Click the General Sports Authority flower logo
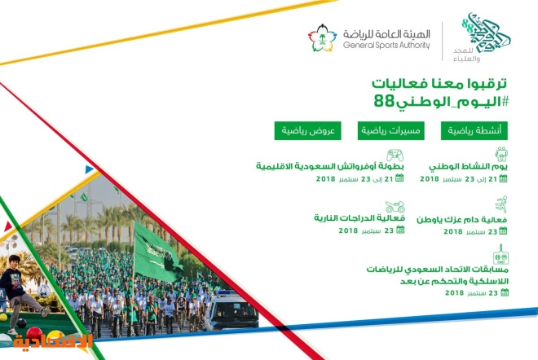point(322,38)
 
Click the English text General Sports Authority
point(386,46)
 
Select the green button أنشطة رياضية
point(474,130)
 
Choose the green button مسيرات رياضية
point(390,130)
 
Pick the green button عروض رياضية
point(308,130)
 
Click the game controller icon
point(395,155)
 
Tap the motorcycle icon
point(395,207)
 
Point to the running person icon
point(501,204)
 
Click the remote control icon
point(501,254)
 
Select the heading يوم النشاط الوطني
point(468,167)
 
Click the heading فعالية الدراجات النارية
point(359,218)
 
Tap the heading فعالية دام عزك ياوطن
point(462,219)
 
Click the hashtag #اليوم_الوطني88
point(441,102)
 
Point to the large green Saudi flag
point(157,252)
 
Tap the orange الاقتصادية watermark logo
point(53,341)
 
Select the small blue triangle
point(89,169)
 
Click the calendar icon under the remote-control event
point(505,292)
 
